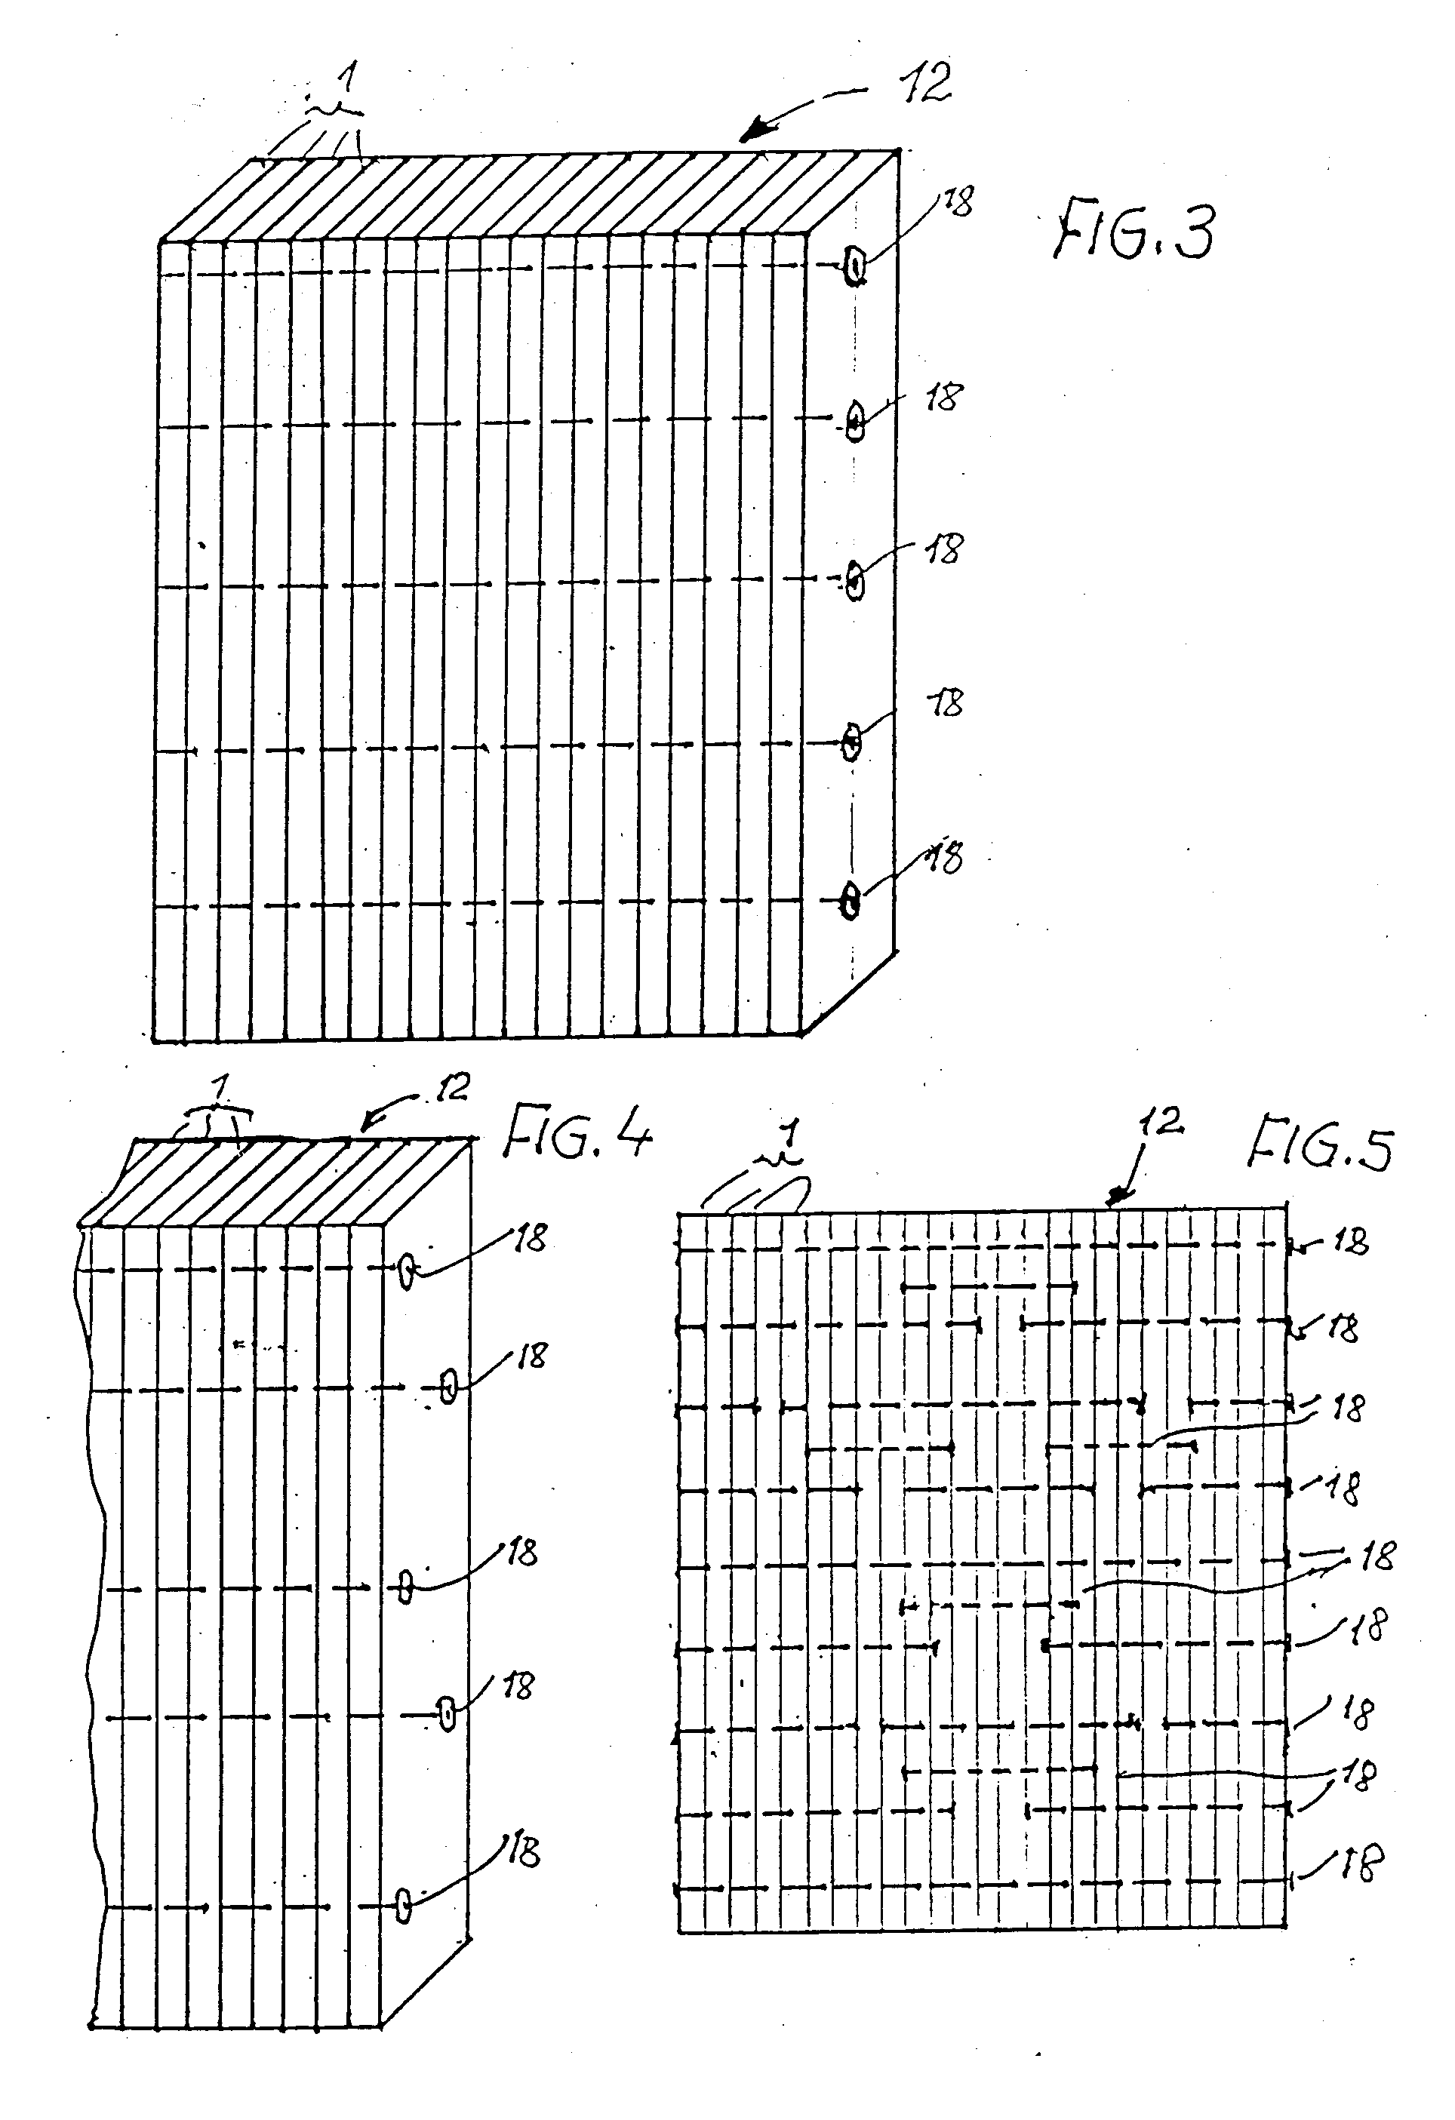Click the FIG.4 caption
[578, 1130]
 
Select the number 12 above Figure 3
[925, 82]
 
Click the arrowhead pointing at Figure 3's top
[751, 134]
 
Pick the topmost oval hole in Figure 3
[855, 268]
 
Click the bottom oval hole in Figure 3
[851, 902]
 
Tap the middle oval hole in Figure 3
[855, 580]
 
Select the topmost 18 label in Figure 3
[958, 201]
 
